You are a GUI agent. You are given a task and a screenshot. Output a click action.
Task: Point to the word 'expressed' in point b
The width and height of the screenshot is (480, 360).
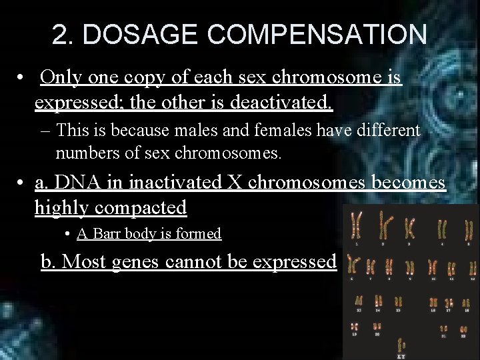[x=297, y=262]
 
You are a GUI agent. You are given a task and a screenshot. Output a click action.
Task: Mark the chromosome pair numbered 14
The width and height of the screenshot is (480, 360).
[x=378, y=301]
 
